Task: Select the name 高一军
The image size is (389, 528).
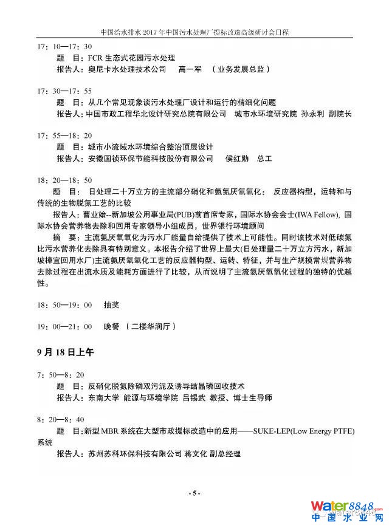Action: pos(189,69)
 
